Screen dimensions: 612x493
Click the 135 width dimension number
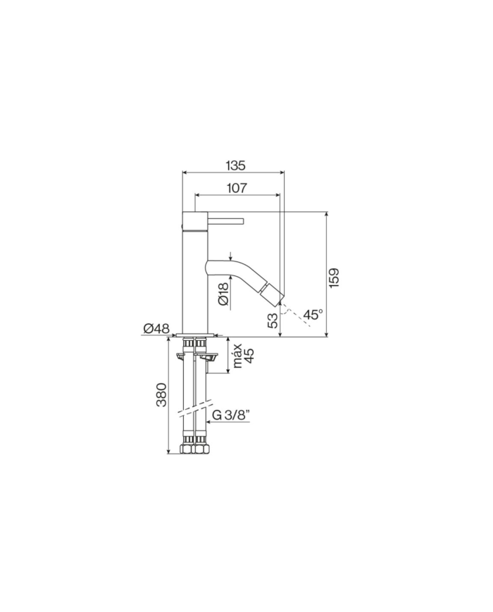pyautogui.click(x=235, y=166)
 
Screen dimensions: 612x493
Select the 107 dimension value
pyautogui.click(x=237, y=188)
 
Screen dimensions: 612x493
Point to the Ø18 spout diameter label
pyautogui.click(x=223, y=294)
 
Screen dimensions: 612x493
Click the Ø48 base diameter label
pyautogui.click(x=156, y=328)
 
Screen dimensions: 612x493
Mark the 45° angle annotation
pyautogui.click(x=314, y=314)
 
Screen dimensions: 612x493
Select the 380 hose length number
pyautogui.click(x=161, y=395)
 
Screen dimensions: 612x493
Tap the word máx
pyautogui.click(x=237, y=356)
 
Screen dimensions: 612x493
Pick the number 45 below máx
pyautogui.click(x=249, y=356)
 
